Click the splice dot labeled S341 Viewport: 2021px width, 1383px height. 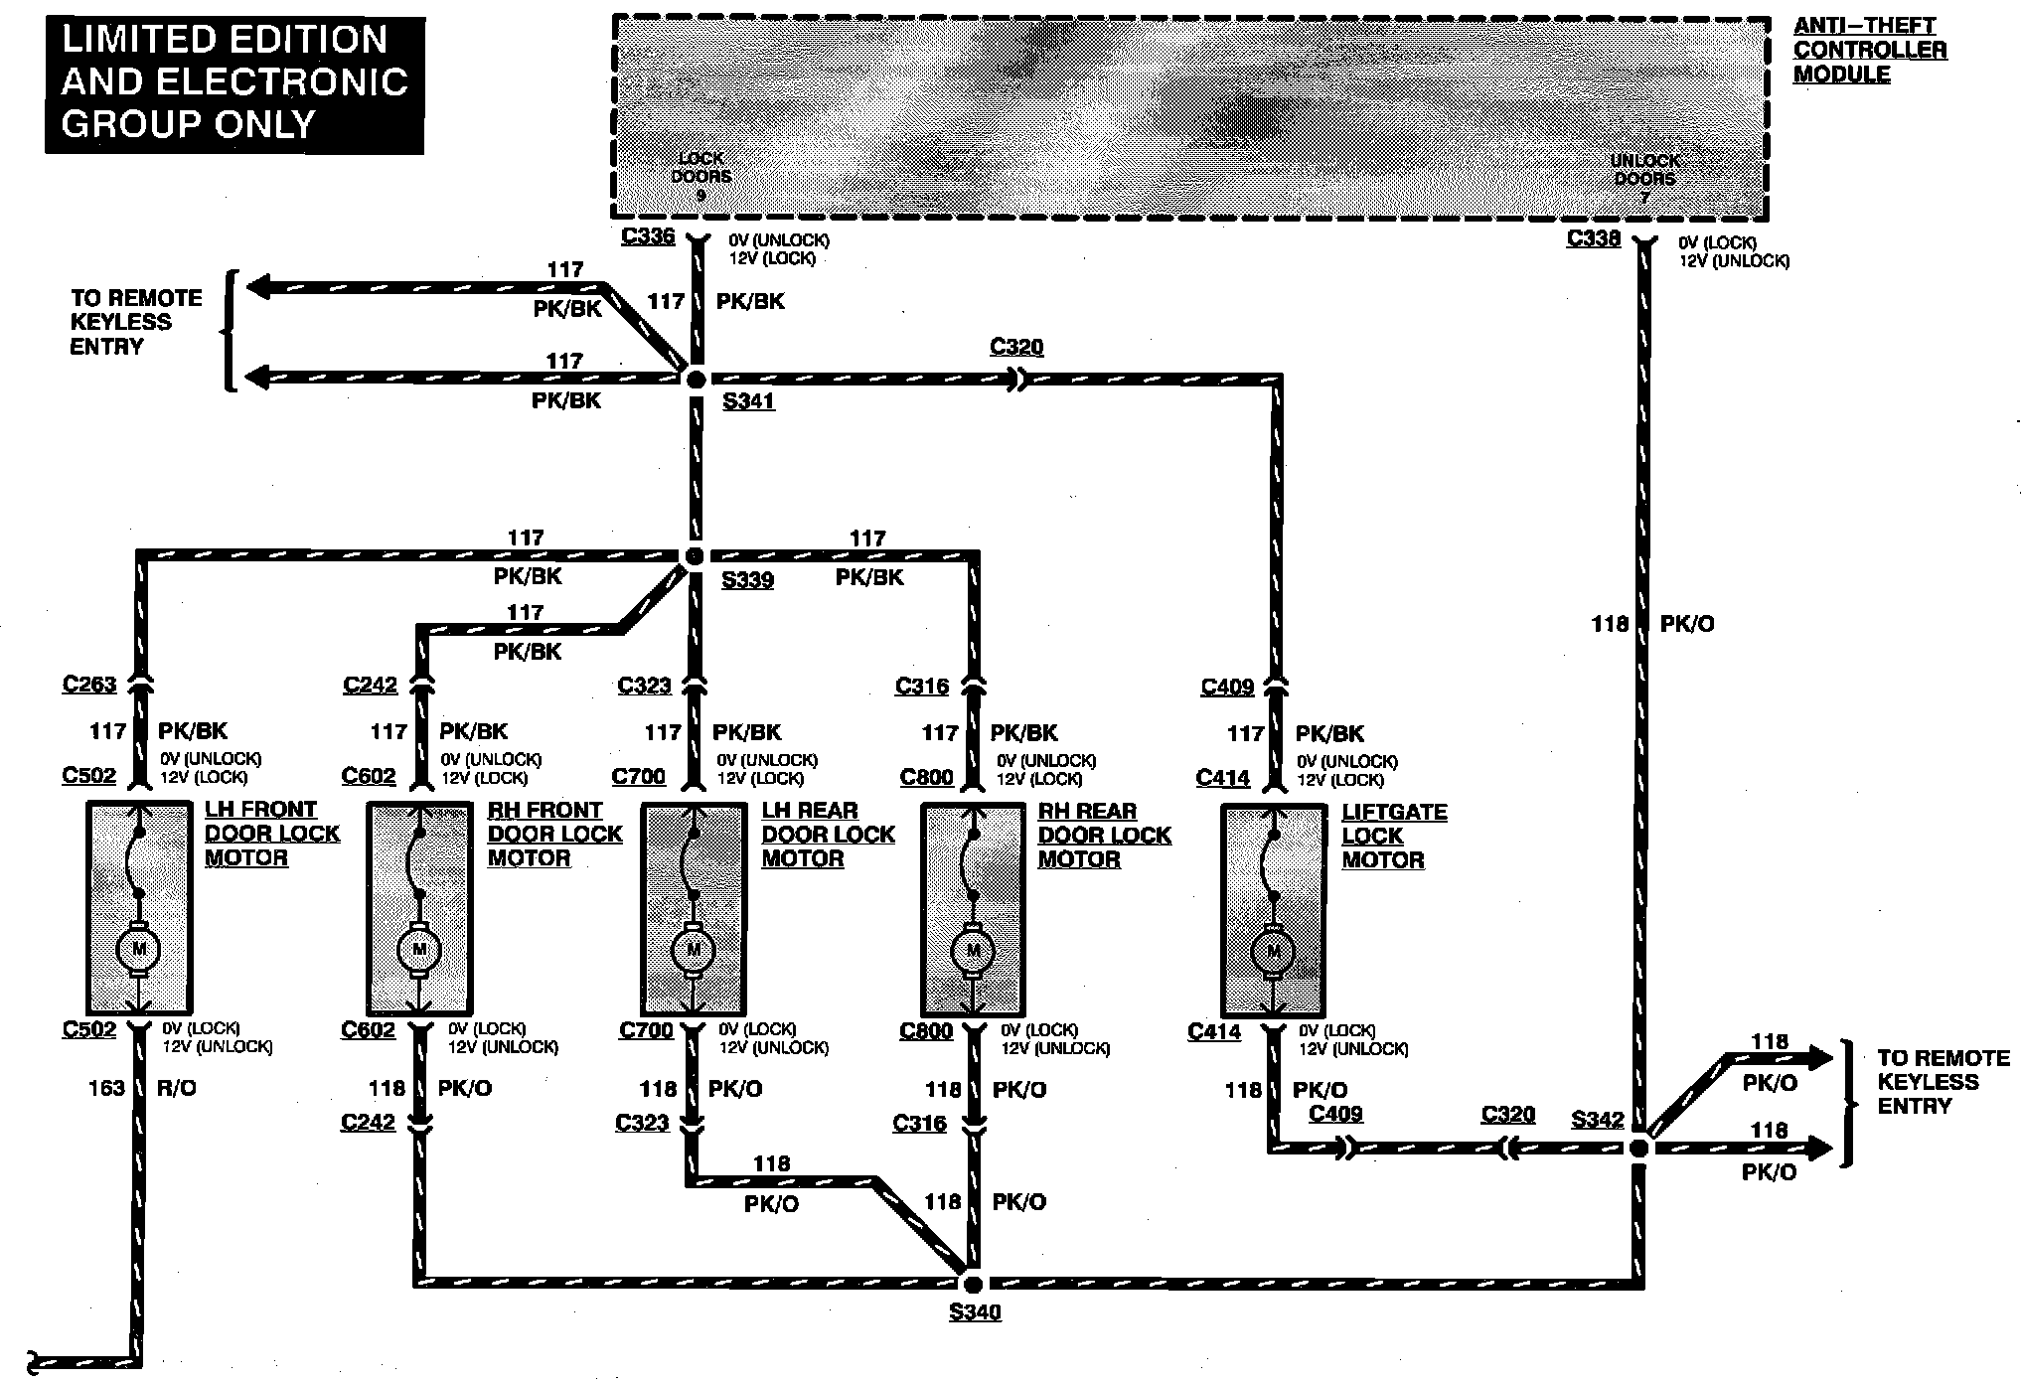[x=696, y=379]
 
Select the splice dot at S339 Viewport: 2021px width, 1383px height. [x=695, y=556]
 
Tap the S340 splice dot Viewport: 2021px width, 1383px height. [x=973, y=1285]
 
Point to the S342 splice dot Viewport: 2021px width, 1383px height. [x=1639, y=1149]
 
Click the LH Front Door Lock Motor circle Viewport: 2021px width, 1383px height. [x=139, y=950]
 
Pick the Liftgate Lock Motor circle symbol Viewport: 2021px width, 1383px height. [x=1273, y=953]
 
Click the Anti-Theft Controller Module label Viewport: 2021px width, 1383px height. [x=1869, y=50]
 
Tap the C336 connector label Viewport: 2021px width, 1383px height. [x=648, y=236]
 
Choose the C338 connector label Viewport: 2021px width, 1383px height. [x=1593, y=238]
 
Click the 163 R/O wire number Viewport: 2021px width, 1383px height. [x=107, y=1088]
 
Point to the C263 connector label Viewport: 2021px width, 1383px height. [x=89, y=685]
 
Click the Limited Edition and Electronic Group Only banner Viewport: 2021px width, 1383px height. [x=234, y=82]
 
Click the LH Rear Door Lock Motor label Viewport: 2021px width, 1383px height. [x=828, y=835]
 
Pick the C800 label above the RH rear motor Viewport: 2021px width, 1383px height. [x=926, y=777]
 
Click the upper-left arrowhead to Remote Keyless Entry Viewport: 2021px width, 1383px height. [x=258, y=288]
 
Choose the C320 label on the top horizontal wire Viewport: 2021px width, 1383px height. [x=1016, y=347]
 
